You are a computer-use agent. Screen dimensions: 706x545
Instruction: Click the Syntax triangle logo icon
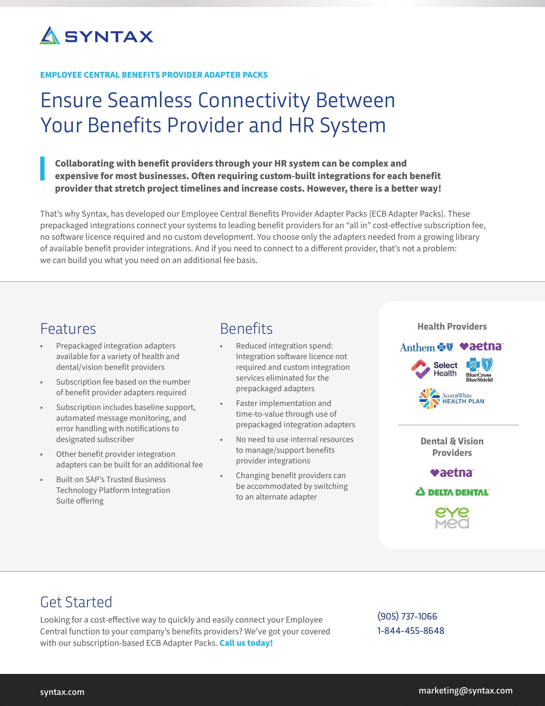click(x=50, y=36)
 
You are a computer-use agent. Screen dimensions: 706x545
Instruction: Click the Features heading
click(x=68, y=329)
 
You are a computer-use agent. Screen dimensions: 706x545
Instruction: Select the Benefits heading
click(x=246, y=329)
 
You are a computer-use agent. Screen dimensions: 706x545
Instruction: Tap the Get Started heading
click(x=76, y=602)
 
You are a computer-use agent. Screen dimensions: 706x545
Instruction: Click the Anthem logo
click(x=426, y=348)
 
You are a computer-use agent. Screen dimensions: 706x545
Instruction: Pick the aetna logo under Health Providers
click(x=481, y=347)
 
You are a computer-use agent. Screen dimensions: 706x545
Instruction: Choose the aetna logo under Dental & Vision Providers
click(x=452, y=473)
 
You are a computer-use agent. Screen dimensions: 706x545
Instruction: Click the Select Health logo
click(x=435, y=369)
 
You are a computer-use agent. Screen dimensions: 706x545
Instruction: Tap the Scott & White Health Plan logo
click(x=452, y=399)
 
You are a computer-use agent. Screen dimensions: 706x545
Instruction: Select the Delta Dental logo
click(x=452, y=492)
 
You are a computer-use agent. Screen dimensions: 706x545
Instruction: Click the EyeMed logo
click(x=452, y=518)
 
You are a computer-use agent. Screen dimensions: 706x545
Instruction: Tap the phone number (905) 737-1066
click(x=407, y=616)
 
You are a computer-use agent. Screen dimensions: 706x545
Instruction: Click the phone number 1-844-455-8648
click(x=411, y=631)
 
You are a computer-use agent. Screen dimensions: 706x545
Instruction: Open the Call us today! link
click(x=246, y=643)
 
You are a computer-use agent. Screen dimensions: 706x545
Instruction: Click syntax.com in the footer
click(x=62, y=692)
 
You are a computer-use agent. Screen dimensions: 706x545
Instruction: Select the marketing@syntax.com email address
click(x=465, y=691)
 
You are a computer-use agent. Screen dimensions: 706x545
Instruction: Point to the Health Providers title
click(x=452, y=326)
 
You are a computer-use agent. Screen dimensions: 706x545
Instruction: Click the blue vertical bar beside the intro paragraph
click(x=42, y=168)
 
